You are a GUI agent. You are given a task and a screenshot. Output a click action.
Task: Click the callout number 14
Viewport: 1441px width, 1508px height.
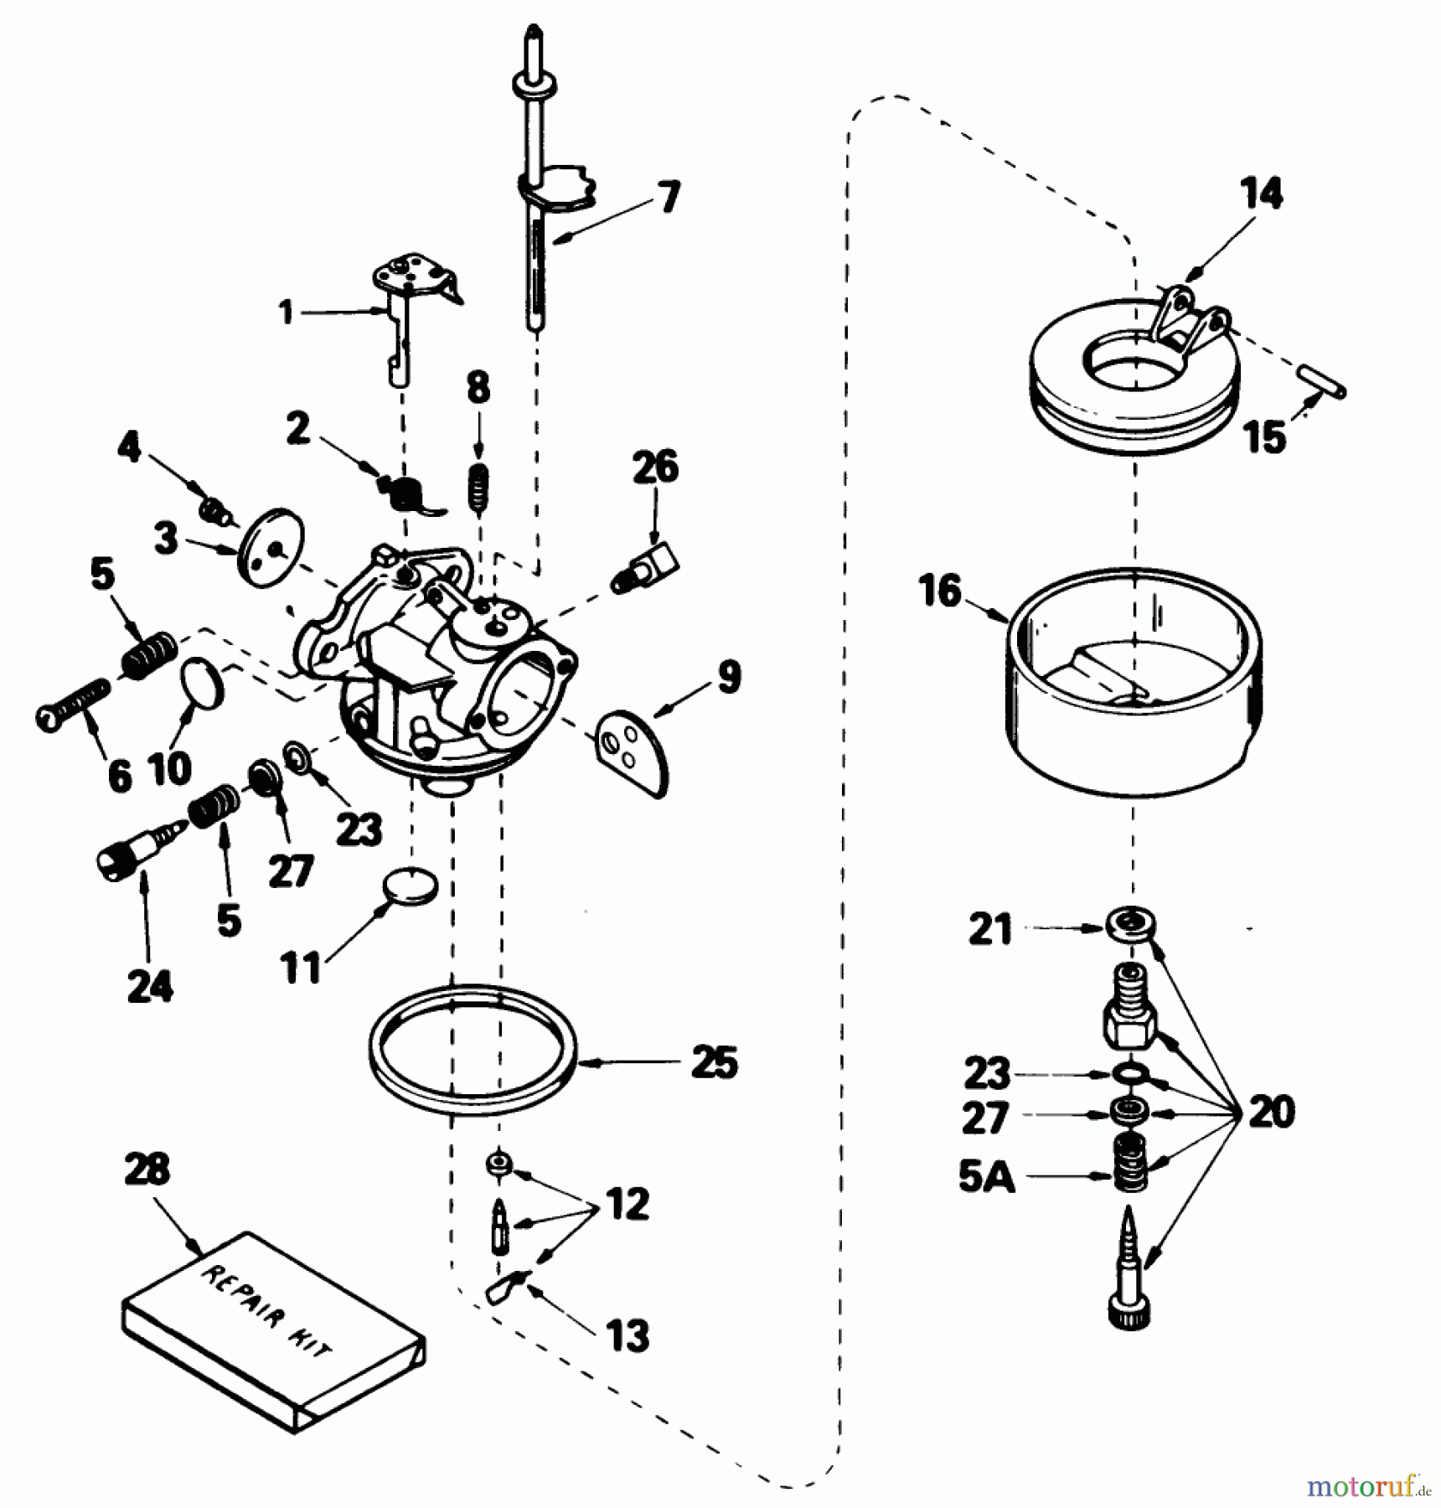[1262, 194]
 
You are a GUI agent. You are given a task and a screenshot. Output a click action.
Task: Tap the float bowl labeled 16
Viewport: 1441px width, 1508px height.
[1134, 683]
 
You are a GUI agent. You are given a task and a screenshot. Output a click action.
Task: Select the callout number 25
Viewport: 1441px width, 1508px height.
[714, 1062]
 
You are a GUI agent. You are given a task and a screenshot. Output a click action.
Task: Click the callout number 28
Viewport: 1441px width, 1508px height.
[147, 1170]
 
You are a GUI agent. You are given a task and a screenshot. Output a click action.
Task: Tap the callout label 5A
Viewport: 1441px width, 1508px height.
[986, 1177]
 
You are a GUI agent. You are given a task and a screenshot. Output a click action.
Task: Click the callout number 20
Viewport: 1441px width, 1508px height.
[1271, 1113]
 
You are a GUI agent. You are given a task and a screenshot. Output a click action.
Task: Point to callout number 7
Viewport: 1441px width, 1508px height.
[669, 198]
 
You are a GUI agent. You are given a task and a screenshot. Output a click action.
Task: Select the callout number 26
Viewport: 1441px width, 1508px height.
[655, 467]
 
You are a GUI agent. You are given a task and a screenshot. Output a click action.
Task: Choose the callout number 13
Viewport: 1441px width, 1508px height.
[628, 1335]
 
